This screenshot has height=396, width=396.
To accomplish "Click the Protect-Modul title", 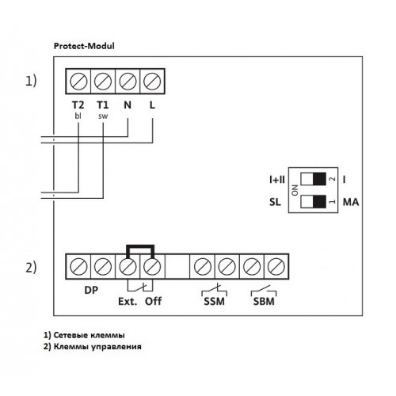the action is (84, 46).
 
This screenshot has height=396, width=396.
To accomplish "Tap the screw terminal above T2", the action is (78, 82).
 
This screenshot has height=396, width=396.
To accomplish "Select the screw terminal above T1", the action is (103, 82).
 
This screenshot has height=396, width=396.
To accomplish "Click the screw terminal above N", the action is (128, 82).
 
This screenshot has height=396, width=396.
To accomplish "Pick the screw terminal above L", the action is (152, 82).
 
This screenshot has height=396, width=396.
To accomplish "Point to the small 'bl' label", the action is (78, 116).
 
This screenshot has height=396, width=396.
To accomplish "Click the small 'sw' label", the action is (103, 116).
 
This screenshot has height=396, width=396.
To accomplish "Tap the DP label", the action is (91, 290).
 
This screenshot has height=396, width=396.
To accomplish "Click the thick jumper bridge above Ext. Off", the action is (140, 246).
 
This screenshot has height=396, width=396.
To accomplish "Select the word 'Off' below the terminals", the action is (153, 301).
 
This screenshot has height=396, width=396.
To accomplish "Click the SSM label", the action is (214, 302).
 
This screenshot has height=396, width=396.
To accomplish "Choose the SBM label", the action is (264, 302).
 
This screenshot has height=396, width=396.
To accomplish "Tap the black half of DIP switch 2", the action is (319, 179).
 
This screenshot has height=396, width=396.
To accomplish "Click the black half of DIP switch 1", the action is (319, 201).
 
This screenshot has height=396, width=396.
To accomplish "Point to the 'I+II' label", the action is (277, 180).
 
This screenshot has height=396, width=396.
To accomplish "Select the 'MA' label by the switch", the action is (351, 202).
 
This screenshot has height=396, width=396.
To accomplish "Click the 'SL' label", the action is (275, 202).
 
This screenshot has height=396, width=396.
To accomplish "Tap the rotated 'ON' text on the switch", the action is (295, 190).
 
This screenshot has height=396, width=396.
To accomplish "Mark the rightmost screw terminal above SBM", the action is (276, 267).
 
